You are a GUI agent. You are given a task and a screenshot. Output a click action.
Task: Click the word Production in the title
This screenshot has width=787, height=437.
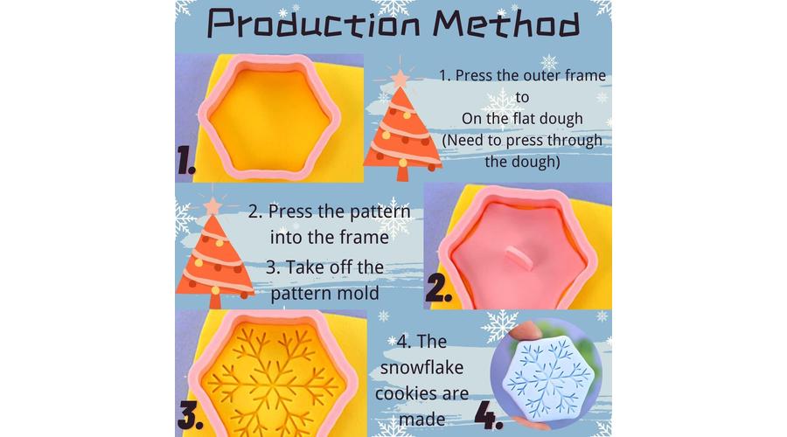point(314,24)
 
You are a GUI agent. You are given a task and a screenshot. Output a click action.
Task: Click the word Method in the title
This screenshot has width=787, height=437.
point(506,24)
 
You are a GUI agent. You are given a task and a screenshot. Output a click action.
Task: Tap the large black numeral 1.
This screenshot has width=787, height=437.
point(185,160)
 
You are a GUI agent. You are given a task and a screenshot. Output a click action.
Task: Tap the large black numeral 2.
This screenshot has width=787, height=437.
point(438,289)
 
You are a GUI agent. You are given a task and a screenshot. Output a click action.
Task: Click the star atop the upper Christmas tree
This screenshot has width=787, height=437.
point(400,79)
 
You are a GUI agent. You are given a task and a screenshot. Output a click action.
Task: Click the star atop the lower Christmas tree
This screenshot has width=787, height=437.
point(212,206)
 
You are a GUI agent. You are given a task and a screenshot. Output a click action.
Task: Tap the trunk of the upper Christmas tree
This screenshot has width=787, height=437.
point(402,173)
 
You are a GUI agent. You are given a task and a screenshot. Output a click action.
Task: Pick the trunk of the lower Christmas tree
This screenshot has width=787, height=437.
point(215,301)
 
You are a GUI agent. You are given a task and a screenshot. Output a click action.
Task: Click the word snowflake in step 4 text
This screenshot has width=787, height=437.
point(421,367)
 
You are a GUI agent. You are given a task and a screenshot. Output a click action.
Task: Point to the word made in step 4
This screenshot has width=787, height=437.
point(421,419)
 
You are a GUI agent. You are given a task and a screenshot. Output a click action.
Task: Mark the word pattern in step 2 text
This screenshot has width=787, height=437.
point(380,212)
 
